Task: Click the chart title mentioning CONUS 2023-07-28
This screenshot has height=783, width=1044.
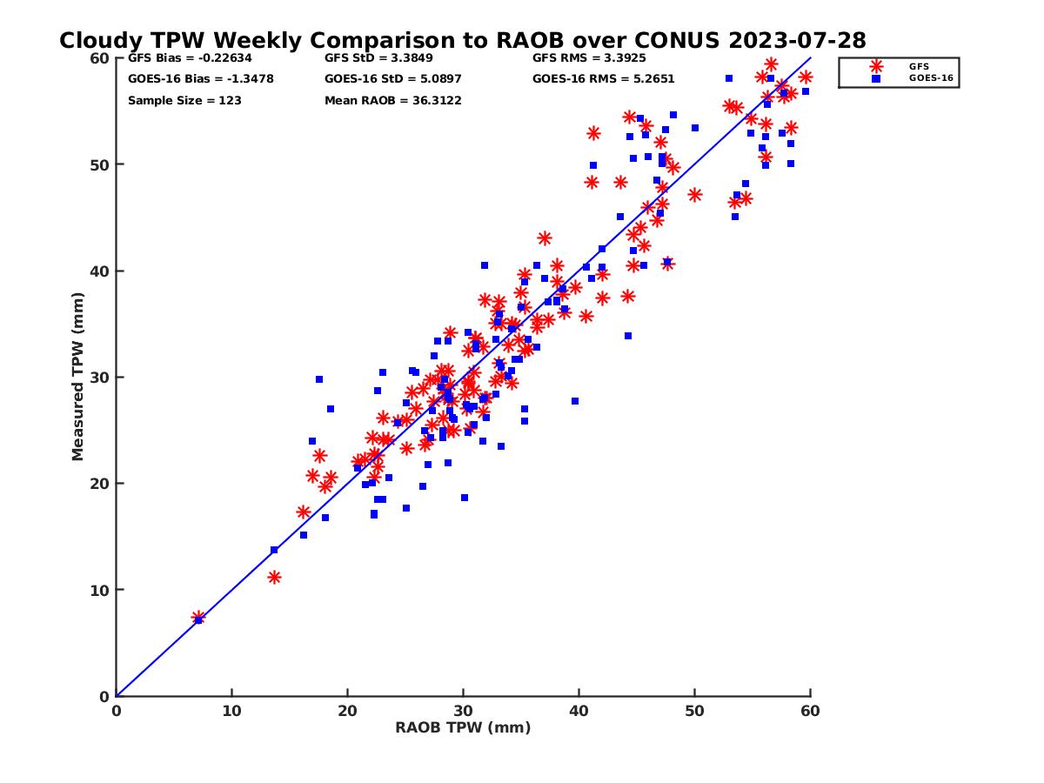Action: tap(462, 41)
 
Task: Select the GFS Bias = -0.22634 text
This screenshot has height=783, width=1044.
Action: tap(181, 59)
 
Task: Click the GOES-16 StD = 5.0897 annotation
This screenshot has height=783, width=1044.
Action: tap(392, 79)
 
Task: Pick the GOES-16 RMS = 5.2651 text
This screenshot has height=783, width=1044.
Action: tap(603, 79)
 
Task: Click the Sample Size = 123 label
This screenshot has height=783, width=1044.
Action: tap(184, 101)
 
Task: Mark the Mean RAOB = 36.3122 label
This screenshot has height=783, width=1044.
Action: tap(392, 101)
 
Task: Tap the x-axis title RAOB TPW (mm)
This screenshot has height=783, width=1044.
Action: tap(463, 727)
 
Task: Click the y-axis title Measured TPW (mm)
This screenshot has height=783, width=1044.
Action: tap(78, 377)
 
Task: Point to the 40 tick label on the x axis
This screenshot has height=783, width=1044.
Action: tap(579, 711)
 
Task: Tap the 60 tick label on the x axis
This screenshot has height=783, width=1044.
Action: tap(810, 711)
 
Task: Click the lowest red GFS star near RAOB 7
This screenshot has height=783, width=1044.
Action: tap(198, 618)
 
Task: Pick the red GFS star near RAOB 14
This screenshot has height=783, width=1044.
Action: tap(274, 577)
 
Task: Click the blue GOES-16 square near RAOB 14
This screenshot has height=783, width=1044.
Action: tap(274, 550)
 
